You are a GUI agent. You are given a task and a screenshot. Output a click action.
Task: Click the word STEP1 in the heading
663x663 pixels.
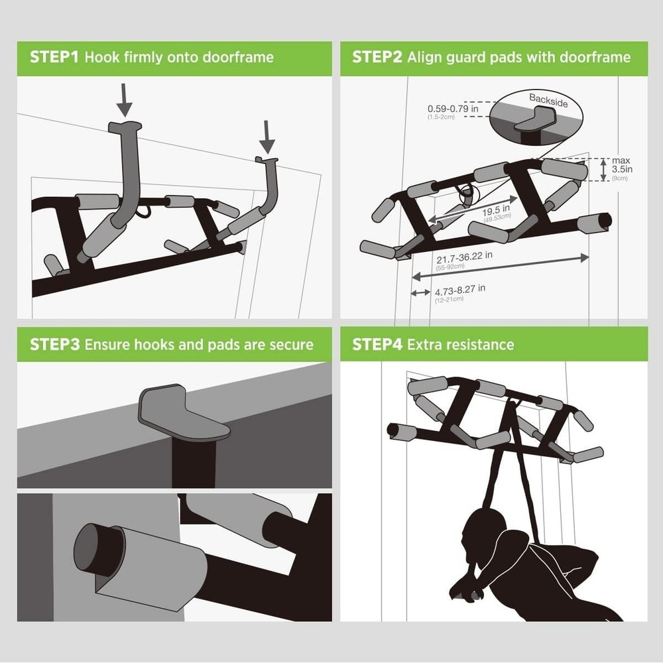(x=54, y=57)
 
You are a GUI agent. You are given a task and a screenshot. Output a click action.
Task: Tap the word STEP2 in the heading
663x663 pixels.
(x=377, y=57)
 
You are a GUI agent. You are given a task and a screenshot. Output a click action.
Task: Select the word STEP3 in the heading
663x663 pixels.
(x=54, y=345)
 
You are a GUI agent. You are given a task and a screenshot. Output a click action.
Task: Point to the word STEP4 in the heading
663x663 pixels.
(x=377, y=345)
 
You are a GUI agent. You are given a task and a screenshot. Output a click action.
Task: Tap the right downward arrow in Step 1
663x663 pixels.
(x=267, y=136)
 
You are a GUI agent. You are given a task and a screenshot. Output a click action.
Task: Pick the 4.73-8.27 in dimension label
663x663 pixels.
(x=459, y=289)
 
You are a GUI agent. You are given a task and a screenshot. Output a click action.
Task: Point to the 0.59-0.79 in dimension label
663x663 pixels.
(x=453, y=109)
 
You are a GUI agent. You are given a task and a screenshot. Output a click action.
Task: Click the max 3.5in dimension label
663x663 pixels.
(x=621, y=169)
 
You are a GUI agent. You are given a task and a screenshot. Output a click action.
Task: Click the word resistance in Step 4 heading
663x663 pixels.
(x=478, y=345)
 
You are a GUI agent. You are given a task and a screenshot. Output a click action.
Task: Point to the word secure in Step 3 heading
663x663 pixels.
(x=289, y=345)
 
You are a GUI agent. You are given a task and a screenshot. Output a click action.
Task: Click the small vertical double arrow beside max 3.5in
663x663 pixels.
(x=603, y=170)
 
